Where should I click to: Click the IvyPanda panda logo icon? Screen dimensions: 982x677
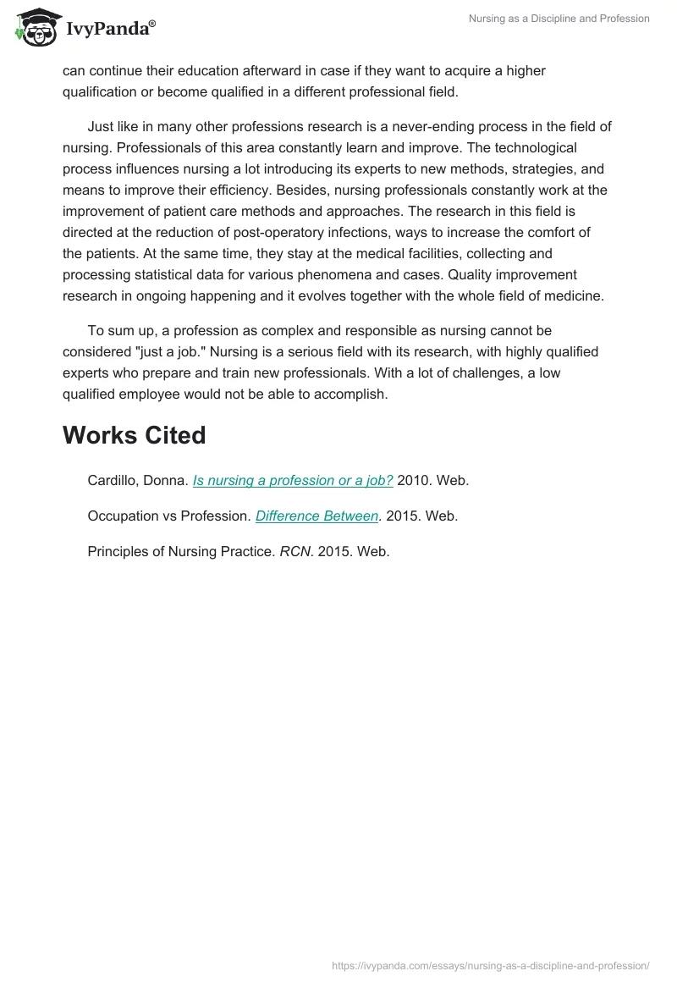click(35, 28)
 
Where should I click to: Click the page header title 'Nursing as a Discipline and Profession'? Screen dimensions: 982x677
click(559, 19)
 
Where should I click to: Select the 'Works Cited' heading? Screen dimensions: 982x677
click(134, 435)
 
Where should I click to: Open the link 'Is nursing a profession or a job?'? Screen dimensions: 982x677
click(293, 480)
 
